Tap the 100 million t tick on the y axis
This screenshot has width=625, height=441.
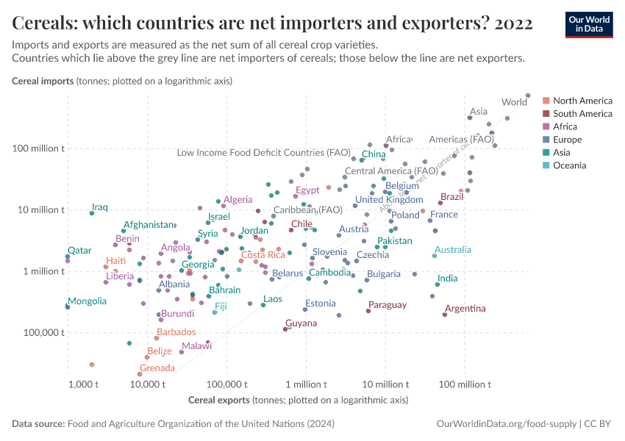click(x=44, y=148)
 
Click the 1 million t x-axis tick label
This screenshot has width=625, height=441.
click(x=306, y=384)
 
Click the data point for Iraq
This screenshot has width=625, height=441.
click(x=92, y=213)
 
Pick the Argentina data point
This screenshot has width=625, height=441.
click(x=445, y=315)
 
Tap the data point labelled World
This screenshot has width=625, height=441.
click(x=528, y=95)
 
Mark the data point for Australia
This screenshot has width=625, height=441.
click(x=435, y=256)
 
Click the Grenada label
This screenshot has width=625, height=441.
click(x=157, y=368)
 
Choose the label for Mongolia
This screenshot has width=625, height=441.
click(x=87, y=301)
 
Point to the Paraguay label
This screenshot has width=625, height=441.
click(x=387, y=305)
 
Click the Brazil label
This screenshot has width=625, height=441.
click(x=451, y=197)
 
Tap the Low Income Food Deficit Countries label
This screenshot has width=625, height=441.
click(x=263, y=153)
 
